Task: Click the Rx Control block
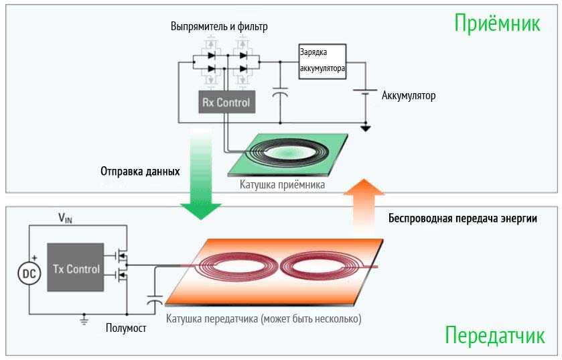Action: [226, 103]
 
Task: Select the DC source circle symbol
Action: [29, 274]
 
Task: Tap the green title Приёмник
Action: [497, 23]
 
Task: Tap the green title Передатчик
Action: [494, 335]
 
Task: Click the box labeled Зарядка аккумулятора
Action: [322, 62]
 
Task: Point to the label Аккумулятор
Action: [409, 96]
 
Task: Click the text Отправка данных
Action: [140, 172]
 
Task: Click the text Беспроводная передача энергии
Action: [463, 219]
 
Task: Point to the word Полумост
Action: [125, 328]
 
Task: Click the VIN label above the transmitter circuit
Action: [66, 218]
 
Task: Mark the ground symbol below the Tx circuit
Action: [84, 320]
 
